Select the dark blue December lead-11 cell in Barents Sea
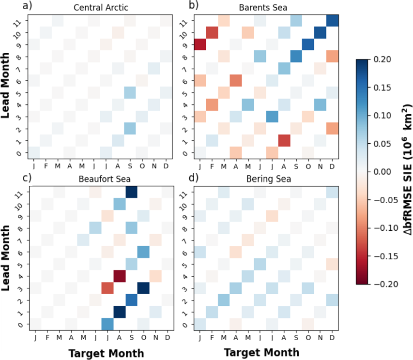click(333, 21)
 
